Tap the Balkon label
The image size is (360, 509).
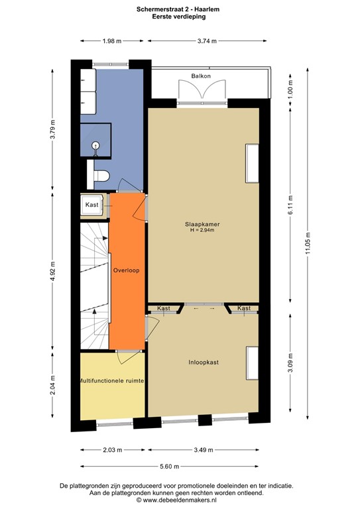coord(202,76)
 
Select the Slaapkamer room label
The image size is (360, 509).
coord(202,224)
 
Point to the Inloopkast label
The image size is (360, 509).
coord(203,363)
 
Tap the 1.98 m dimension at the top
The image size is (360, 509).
coord(111,40)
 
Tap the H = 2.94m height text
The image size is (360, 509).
coord(202,231)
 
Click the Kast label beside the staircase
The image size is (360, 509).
coord(91,205)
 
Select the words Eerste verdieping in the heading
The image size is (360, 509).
coord(179,17)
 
